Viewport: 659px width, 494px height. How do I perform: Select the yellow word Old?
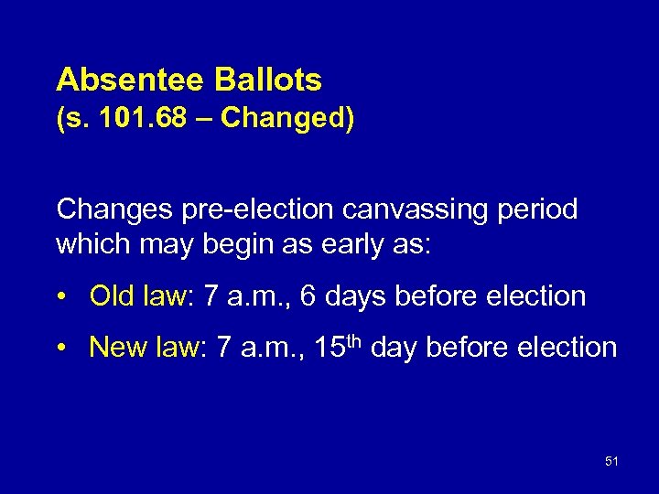click(x=113, y=295)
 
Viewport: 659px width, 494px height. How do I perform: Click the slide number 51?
click(x=611, y=461)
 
